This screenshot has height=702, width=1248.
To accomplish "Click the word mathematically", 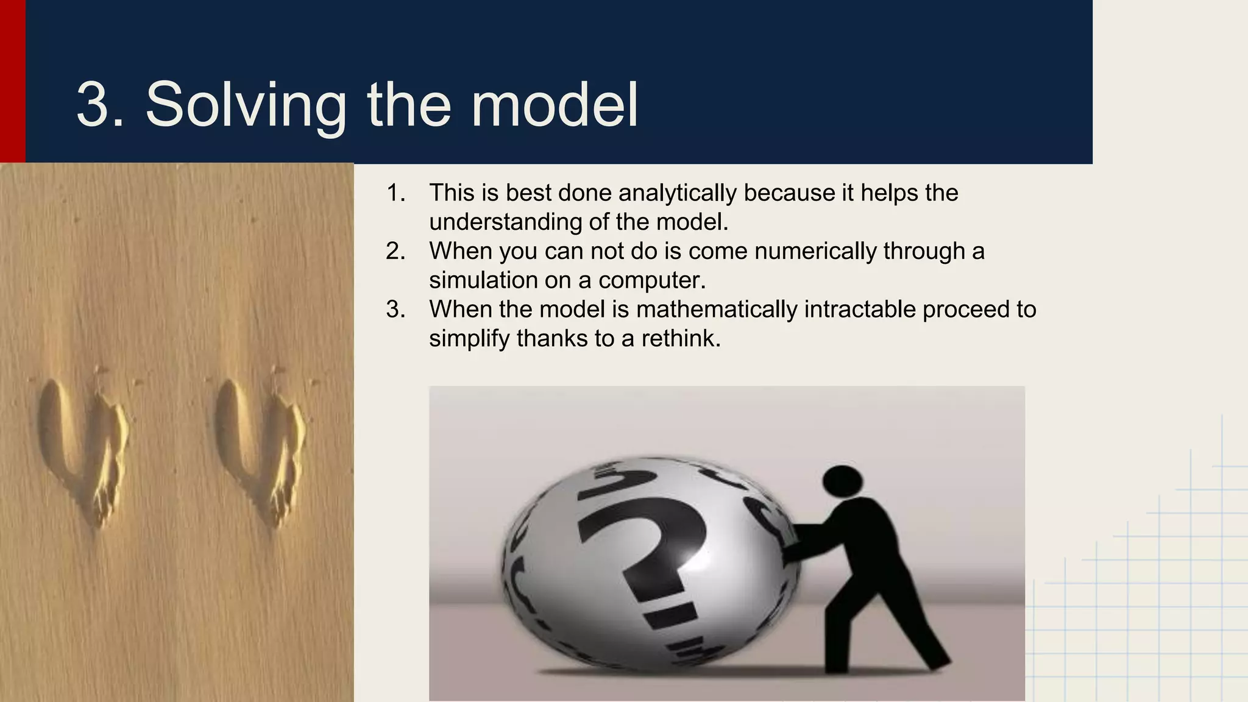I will [x=716, y=310].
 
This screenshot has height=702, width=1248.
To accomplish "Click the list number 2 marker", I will [x=395, y=251].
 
